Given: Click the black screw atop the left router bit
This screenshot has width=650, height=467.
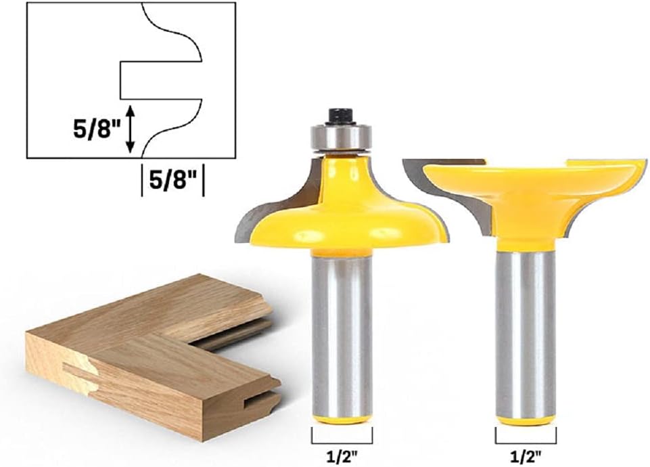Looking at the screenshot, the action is (341, 116).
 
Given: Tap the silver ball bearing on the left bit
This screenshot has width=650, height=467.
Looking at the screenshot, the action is (341, 137).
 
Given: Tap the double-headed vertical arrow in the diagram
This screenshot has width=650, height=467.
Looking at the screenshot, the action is (130, 129).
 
